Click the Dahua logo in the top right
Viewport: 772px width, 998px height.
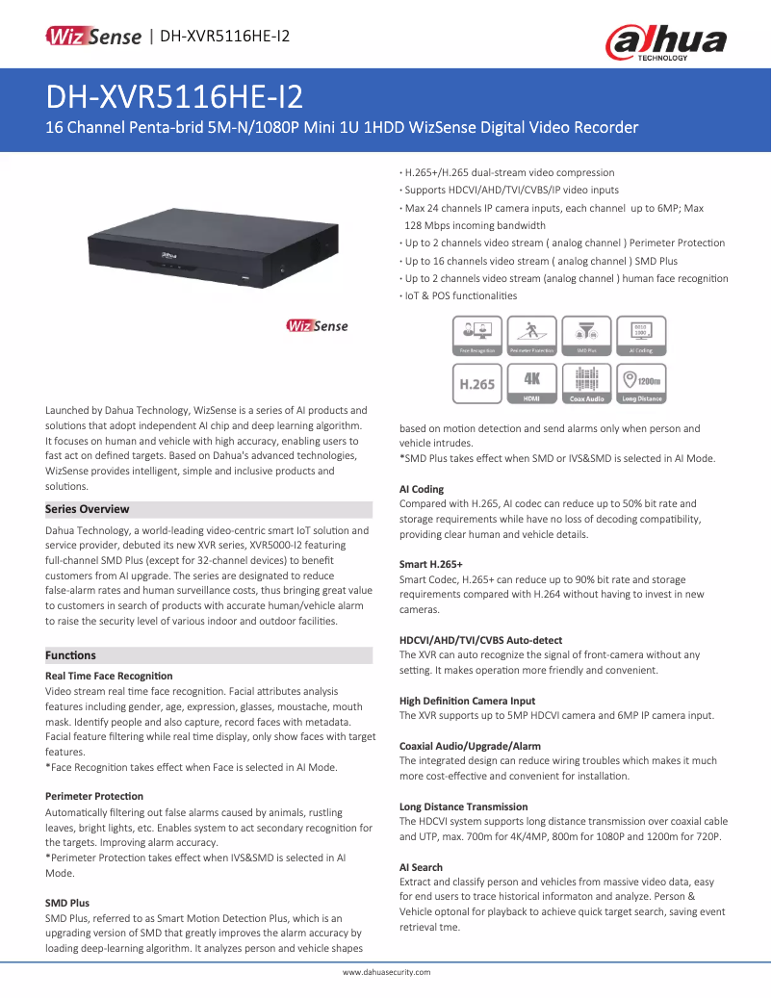click(x=665, y=43)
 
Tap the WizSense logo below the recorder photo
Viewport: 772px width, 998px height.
click(x=317, y=325)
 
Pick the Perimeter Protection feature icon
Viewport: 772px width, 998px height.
click(x=532, y=336)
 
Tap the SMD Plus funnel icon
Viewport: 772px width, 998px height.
click(x=586, y=336)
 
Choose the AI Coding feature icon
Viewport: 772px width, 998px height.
click(x=641, y=336)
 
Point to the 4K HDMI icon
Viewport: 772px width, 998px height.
click(x=532, y=383)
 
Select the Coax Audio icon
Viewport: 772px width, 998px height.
click(x=586, y=383)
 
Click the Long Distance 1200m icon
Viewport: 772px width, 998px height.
click(x=641, y=383)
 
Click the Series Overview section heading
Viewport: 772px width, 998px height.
click(x=88, y=509)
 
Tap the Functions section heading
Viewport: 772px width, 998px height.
click(x=71, y=655)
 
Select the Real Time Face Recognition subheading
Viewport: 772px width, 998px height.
click(x=109, y=676)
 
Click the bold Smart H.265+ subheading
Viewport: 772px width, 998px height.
click(x=431, y=564)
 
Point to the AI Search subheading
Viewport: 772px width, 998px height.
click(x=421, y=867)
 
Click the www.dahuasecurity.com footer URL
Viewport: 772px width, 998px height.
click(x=386, y=973)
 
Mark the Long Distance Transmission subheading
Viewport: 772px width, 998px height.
click(x=463, y=806)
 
